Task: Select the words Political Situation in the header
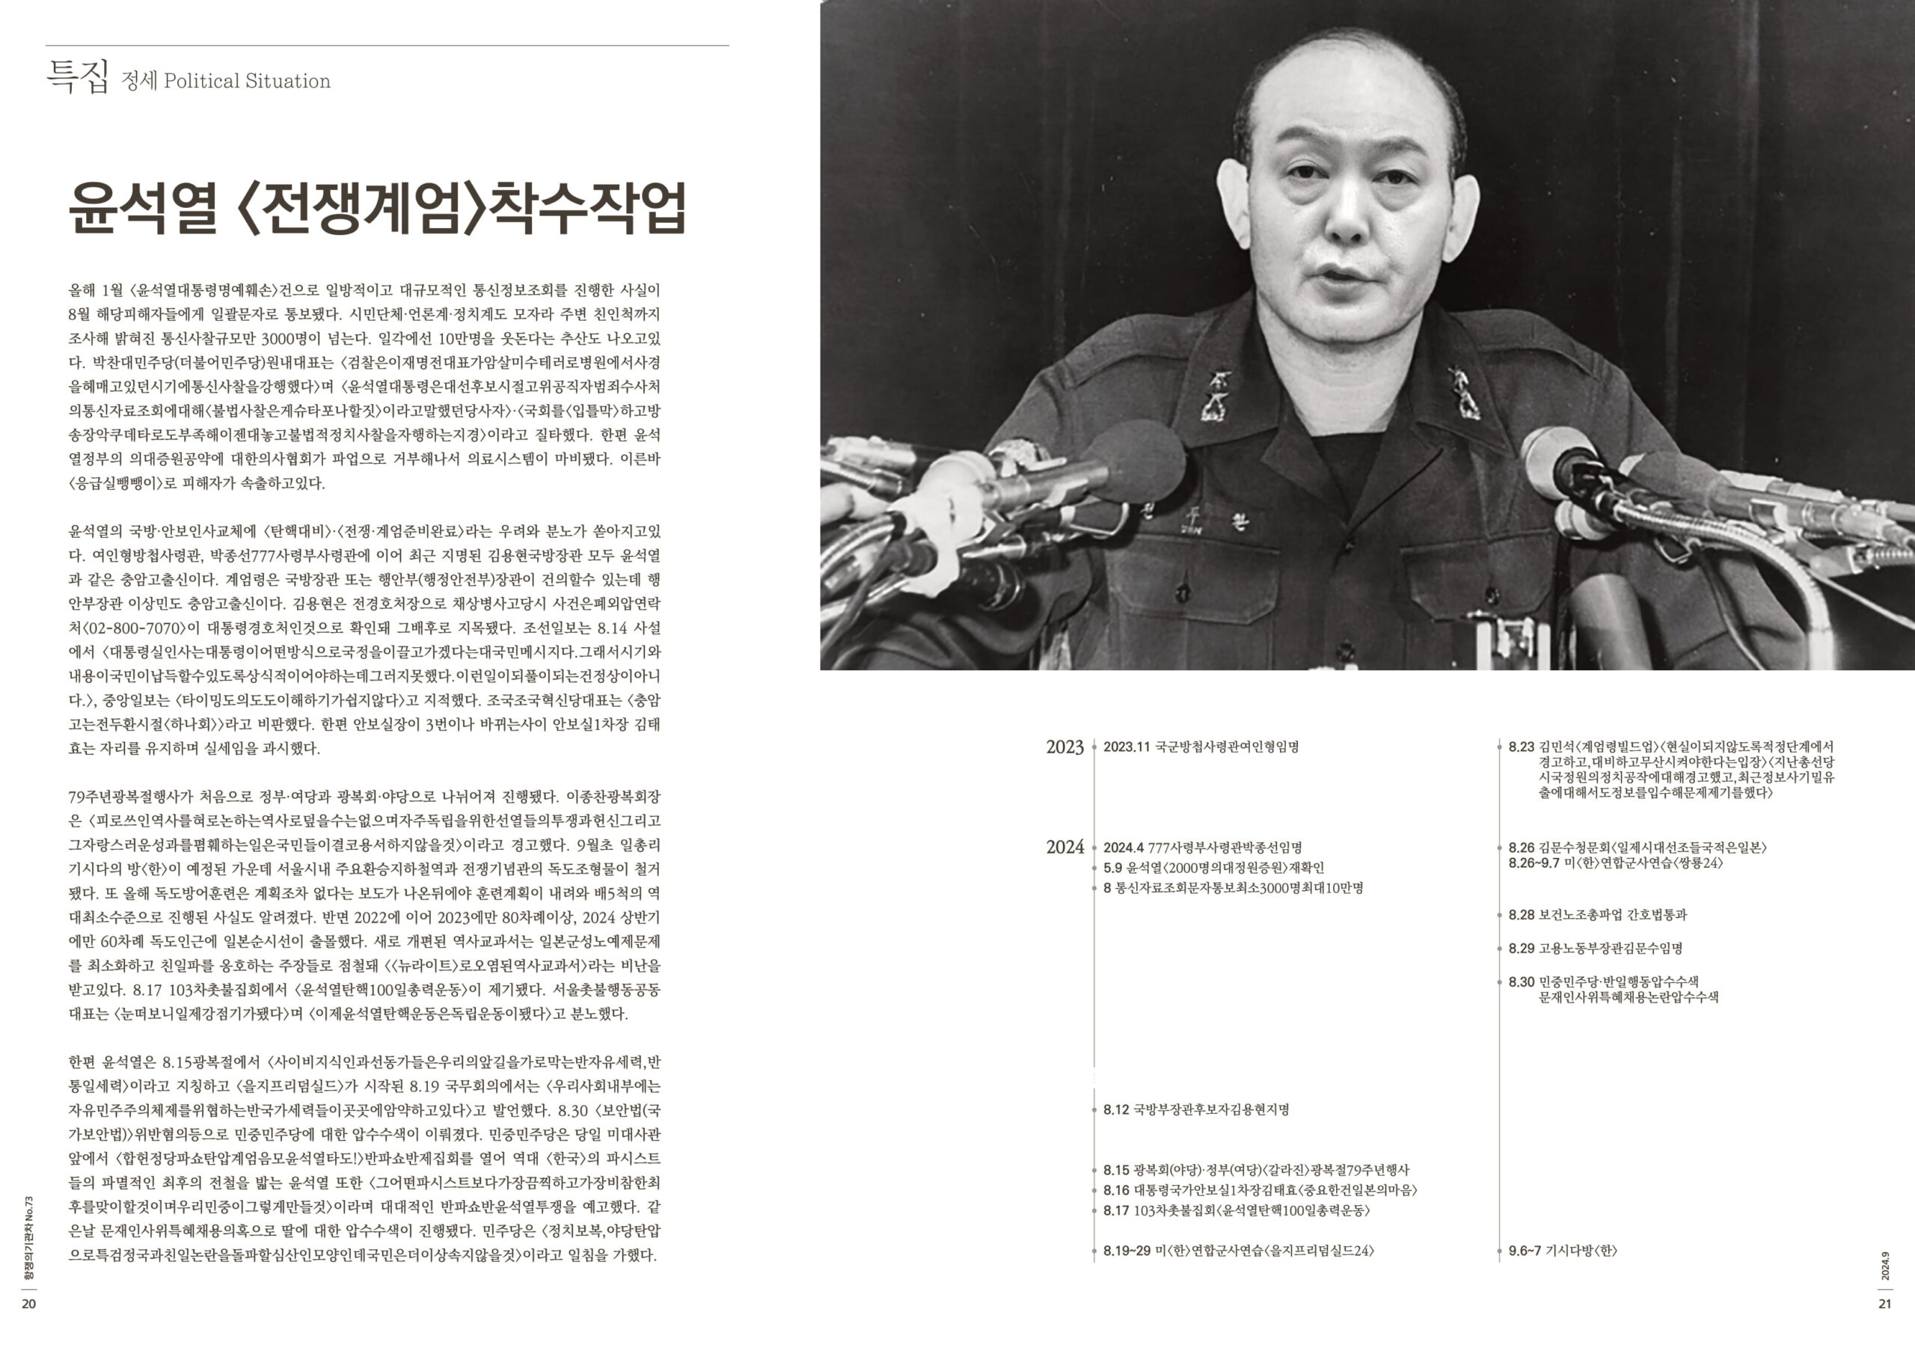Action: tap(247, 81)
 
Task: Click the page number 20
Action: tap(28, 1304)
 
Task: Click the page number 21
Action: tap(1885, 1304)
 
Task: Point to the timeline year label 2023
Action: tap(1064, 747)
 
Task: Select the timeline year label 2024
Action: tap(1064, 847)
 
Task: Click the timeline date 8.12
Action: tap(1115, 1109)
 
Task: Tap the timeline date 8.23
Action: tap(1521, 747)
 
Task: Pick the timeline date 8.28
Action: tap(1521, 914)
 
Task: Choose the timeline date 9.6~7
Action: tap(1525, 1251)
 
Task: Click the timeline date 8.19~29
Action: tap(1127, 1251)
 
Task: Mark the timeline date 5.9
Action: tap(1112, 868)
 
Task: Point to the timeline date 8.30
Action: tap(1521, 982)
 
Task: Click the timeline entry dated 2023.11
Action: tap(1200, 747)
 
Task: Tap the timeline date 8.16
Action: tap(1115, 1190)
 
